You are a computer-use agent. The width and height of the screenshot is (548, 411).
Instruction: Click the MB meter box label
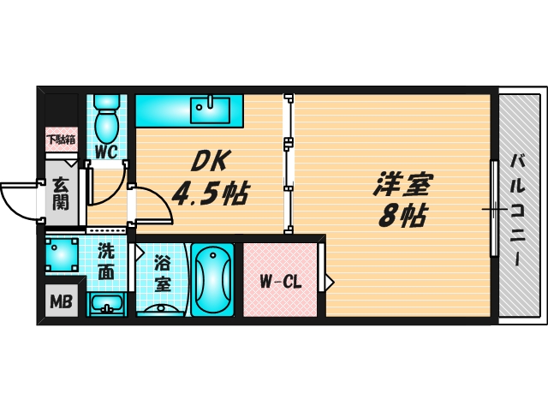point(59,301)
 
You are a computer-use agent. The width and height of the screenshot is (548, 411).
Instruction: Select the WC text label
point(106,153)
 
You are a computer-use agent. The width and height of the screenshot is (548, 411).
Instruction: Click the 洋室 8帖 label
point(402,199)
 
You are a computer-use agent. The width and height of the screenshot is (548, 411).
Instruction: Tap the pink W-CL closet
point(279,279)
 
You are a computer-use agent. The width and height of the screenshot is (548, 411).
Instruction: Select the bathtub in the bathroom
point(211,279)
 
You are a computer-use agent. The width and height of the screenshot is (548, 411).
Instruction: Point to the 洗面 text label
point(106,261)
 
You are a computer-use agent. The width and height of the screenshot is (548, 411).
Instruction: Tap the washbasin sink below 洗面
point(106,303)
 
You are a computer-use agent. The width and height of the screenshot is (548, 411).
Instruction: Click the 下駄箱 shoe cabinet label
point(60,139)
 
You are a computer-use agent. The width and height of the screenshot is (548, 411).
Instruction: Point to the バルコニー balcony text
point(519,208)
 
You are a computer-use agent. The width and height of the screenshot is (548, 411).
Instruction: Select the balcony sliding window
point(494,208)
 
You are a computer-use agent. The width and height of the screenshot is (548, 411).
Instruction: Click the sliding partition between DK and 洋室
point(289,163)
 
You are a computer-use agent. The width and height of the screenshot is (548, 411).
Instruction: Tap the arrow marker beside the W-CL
point(328,280)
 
